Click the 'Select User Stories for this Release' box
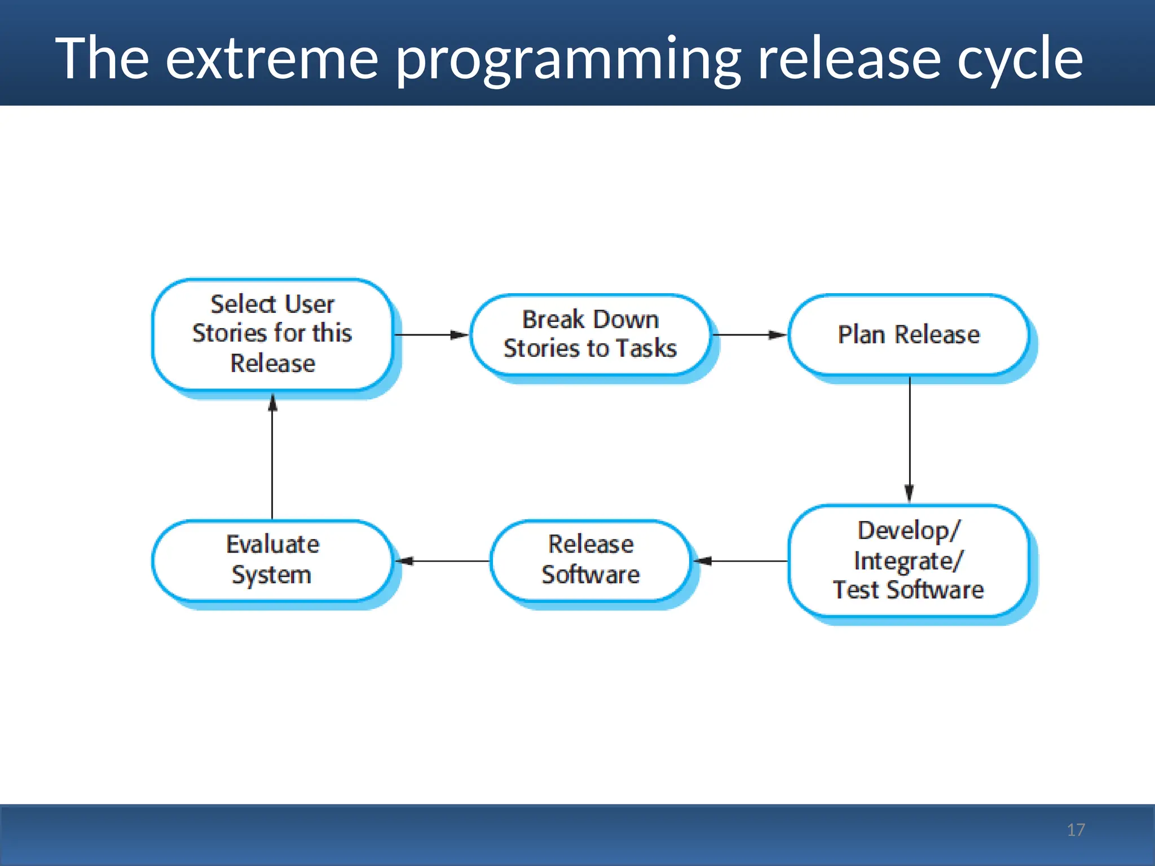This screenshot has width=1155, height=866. coord(272,334)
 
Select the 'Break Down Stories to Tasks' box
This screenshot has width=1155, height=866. coord(590,334)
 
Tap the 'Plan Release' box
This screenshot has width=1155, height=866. coord(909,334)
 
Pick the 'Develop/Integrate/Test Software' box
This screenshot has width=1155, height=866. coord(909,560)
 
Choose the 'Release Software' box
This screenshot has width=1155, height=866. coord(590,560)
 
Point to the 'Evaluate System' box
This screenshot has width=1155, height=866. coord(272,560)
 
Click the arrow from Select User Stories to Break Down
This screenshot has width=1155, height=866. coord(431,335)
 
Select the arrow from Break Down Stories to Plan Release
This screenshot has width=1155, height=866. coord(750,335)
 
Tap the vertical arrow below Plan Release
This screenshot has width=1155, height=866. coord(909,440)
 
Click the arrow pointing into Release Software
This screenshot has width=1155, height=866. coord(740,561)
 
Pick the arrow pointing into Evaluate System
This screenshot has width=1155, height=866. coord(442,561)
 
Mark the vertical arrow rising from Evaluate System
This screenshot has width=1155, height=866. coord(272,457)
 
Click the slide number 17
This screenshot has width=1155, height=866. coord(1075,830)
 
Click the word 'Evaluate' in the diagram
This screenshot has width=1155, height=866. coord(272,545)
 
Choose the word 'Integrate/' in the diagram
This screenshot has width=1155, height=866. coord(909,561)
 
